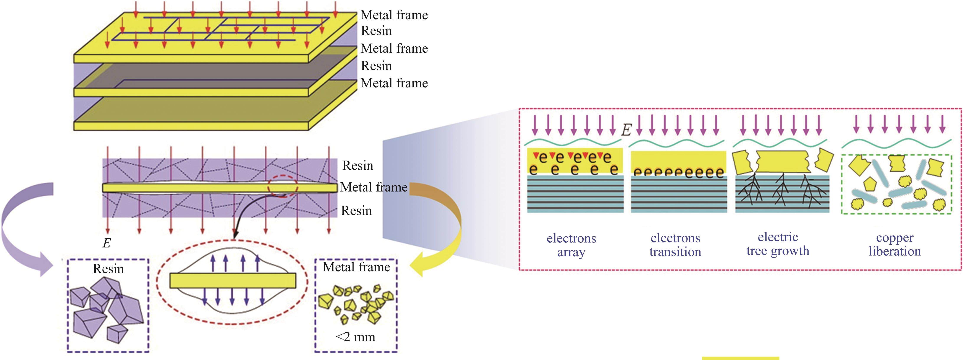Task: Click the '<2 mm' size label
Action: pos(355,337)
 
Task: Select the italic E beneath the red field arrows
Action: pos(106,243)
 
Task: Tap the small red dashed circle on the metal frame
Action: pos(283,187)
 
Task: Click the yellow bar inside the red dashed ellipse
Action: pos(233,280)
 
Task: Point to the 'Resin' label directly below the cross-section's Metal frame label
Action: pos(356,211)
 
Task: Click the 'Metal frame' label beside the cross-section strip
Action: pos(374,187)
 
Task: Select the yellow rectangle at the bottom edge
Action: pos(740,358)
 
